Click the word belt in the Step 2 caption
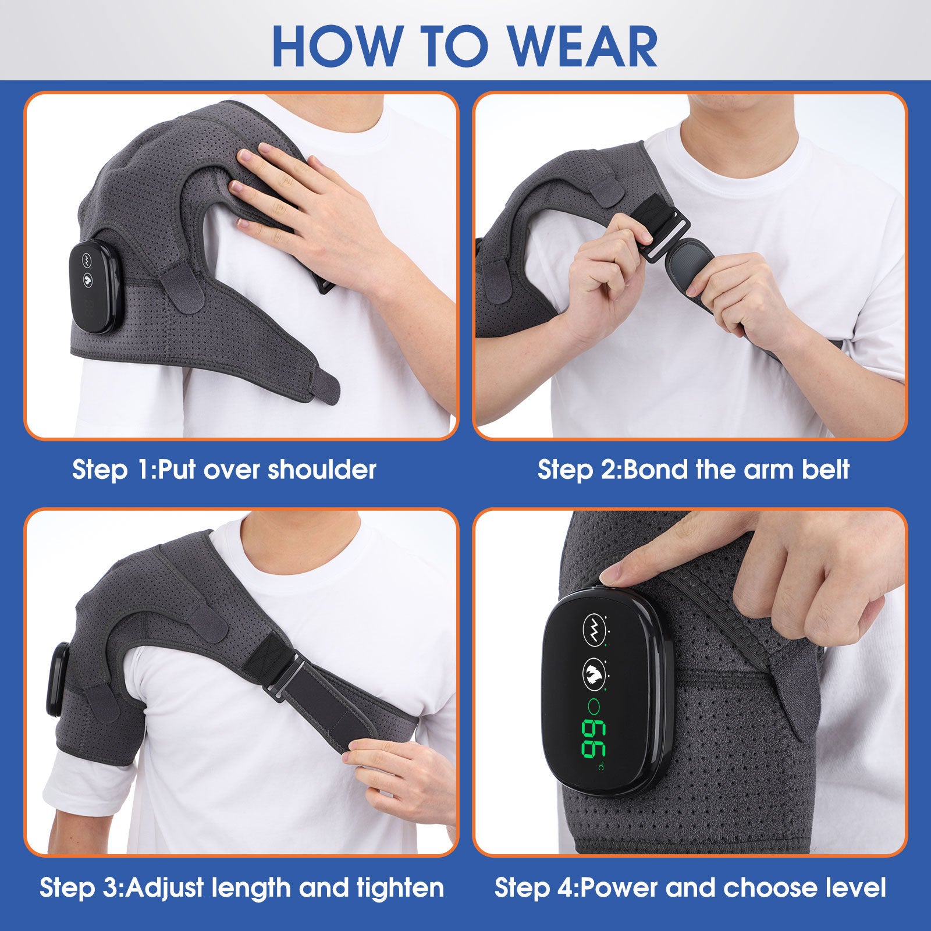(x=825, y=470)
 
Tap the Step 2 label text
(x=579, y=470)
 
